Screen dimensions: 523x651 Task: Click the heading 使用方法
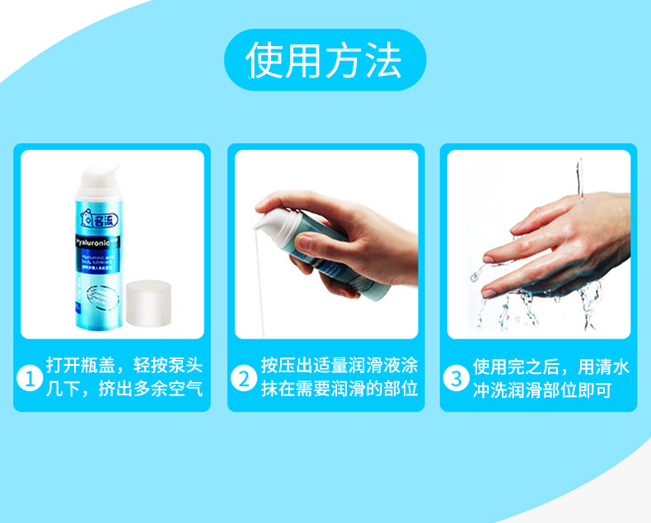[x=325, y=61]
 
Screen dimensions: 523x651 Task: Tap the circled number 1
[x=30, y=380]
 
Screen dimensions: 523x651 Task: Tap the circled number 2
[x=244, y=380]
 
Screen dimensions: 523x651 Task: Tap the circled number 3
[x=457, y=380]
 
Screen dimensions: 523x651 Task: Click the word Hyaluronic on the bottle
[x=96, y=245]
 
